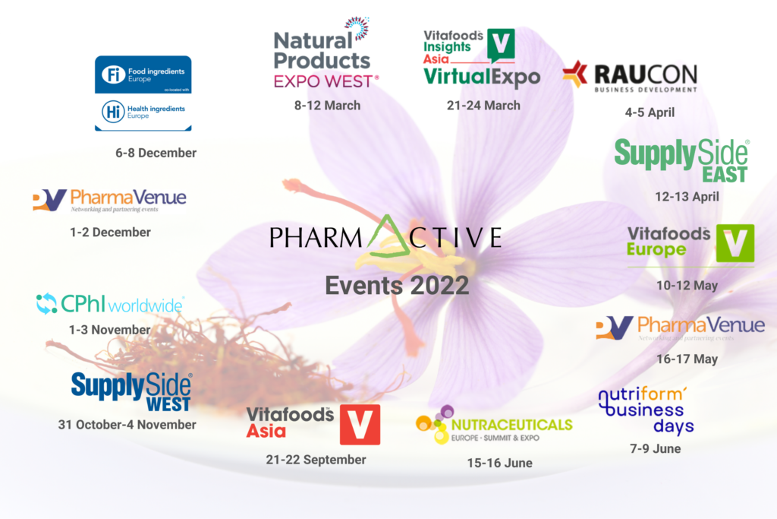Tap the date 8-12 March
click(327, 105)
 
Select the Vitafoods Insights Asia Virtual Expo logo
click(482, 57)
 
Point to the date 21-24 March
click(483, 105)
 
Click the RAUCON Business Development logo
click(630, 76)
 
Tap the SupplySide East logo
click(681, 160)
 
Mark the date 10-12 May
click(687, 286)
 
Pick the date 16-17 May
click(687, 359)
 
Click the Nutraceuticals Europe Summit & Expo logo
click(494, 426)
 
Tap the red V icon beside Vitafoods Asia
click(360, 424)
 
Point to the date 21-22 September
click(316, 459)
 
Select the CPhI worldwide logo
click(110, 305)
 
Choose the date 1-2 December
click(110, 232)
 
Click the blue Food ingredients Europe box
click(143, 74)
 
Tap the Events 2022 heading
click(397, 286)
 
